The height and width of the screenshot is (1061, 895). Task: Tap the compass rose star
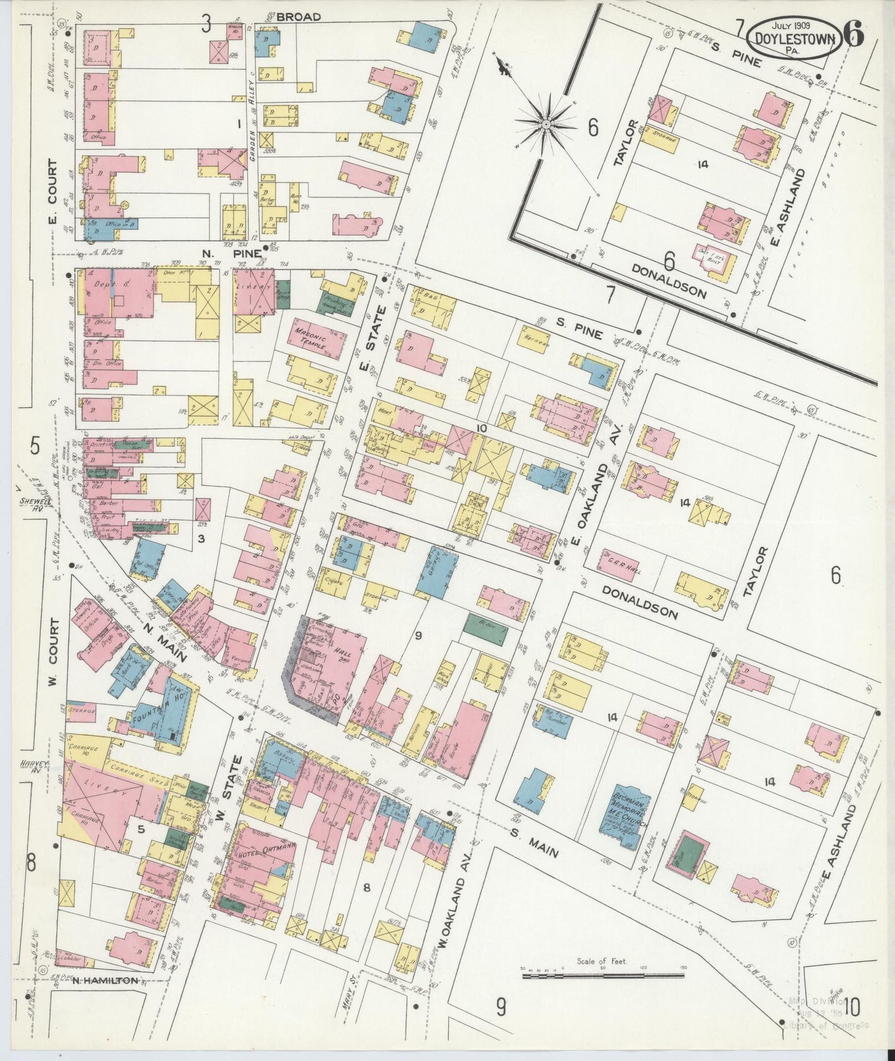tap(546, 124)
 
